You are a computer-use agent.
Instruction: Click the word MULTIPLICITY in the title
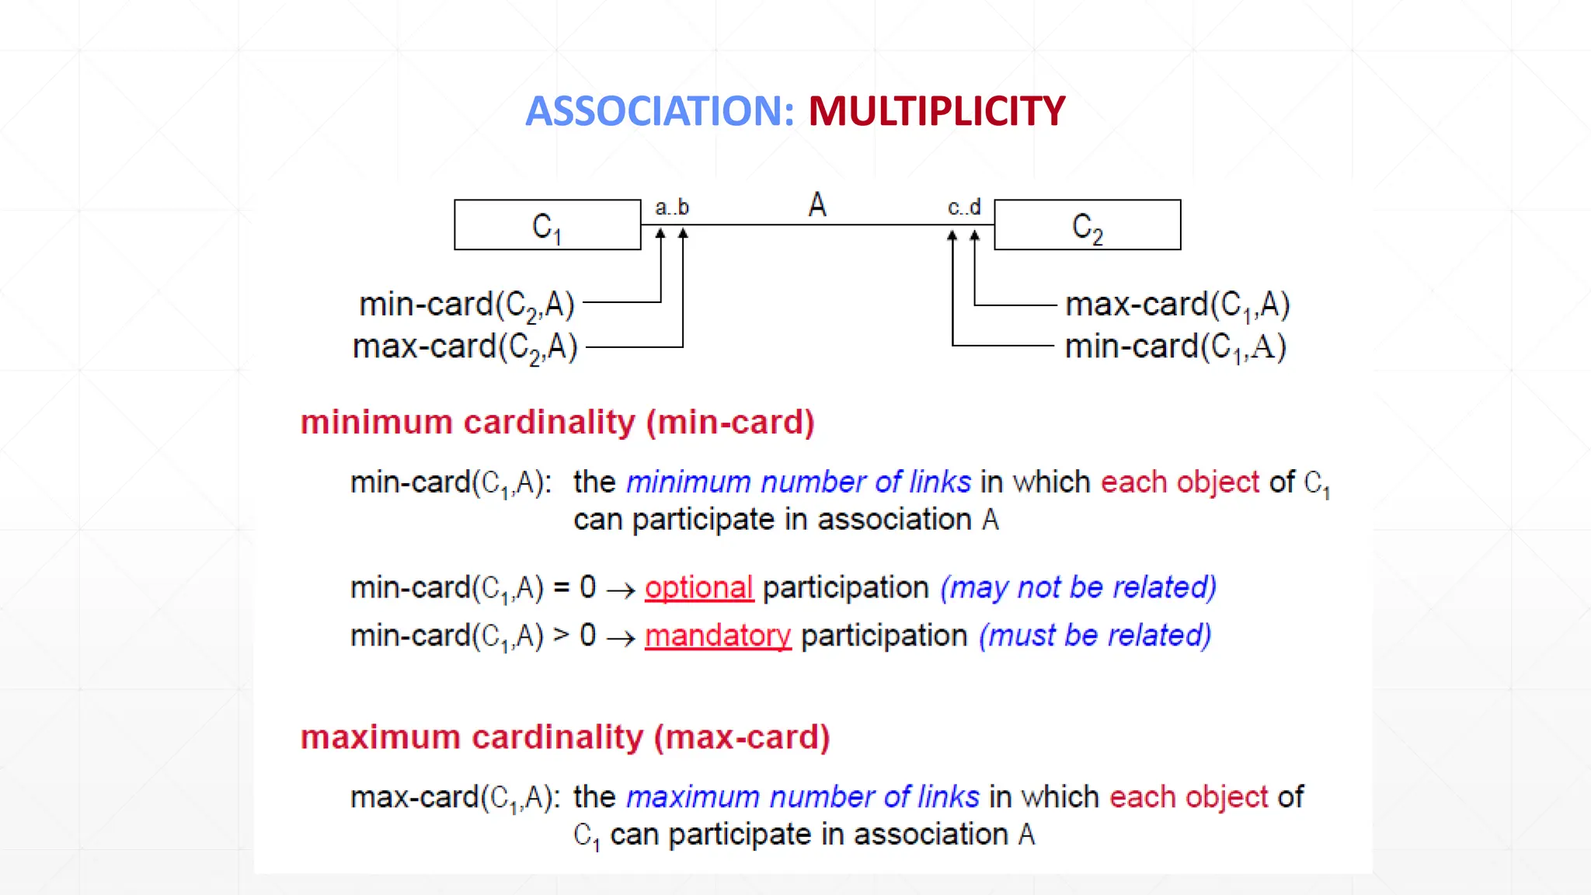point(936,111)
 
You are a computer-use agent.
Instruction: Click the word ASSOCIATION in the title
point(660,111)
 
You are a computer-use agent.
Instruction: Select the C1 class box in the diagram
point(547,225)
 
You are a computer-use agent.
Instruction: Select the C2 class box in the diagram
point(1087,225)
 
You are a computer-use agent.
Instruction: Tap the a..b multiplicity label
point(672,208)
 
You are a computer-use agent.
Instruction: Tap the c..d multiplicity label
point(964,208)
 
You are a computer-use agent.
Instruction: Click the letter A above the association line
point(816,205)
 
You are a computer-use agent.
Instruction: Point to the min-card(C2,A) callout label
point(466,305)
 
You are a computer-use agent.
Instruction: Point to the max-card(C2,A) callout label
point(465,347)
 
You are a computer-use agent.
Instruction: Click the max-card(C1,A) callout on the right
point(1177,305)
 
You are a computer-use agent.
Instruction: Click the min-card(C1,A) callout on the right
point(1175,347)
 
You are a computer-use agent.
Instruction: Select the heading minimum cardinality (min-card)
point(557,423)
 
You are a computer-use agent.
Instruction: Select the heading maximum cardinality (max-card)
point(565,737)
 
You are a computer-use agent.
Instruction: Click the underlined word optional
point(698,588)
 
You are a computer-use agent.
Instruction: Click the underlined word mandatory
point(717,636)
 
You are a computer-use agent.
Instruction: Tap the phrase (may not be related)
point(1078,588)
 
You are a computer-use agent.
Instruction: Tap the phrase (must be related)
point(1095,636)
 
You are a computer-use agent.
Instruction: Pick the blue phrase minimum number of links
point(798,482)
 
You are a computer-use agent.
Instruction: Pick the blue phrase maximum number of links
point(802,797)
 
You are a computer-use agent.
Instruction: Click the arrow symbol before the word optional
point(621,591)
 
